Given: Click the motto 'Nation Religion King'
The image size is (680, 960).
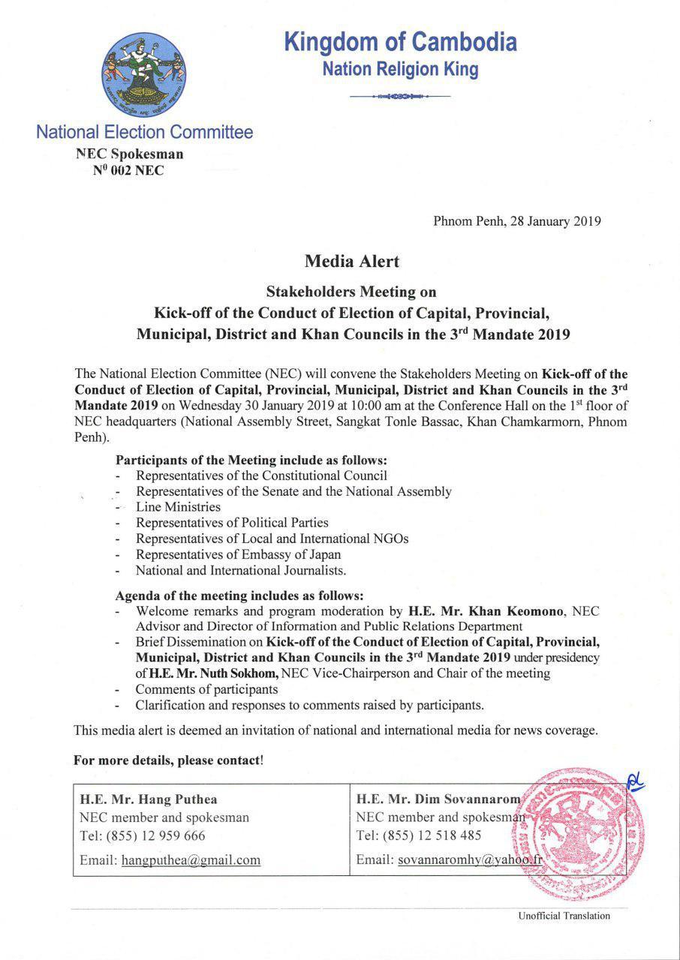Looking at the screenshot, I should [400, 70].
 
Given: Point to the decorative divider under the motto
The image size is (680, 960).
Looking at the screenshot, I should [400, 97].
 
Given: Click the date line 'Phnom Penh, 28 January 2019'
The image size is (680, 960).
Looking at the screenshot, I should [517, 221].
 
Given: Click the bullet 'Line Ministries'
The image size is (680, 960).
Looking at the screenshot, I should [178, 507].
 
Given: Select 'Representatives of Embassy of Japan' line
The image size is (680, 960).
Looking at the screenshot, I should [238, 555].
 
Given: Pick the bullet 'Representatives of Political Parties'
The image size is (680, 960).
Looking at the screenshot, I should [232, 523].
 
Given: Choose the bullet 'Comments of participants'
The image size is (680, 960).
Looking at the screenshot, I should [206, 689].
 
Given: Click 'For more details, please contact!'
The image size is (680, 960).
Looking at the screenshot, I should [168, 760].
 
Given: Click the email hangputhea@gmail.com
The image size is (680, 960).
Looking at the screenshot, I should [191, 860].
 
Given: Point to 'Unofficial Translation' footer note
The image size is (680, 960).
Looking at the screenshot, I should [564, 916].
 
